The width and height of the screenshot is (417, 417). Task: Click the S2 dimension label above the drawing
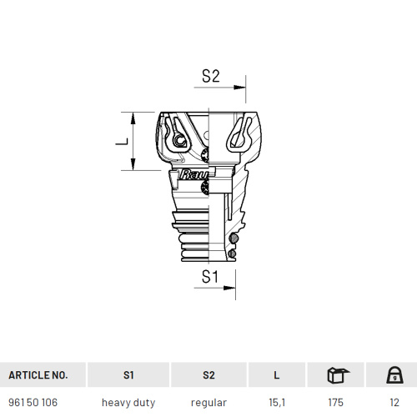coord(211,76)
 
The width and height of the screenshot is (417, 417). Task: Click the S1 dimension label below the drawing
coord(210,277)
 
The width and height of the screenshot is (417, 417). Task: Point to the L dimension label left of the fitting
coord(122,142)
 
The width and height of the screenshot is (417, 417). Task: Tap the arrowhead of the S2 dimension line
coord(239,88)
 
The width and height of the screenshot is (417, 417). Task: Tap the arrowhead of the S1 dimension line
coord(229,288)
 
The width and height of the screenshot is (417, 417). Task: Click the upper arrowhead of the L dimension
coord(133,118)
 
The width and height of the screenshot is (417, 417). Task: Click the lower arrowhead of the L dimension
coord(133,164)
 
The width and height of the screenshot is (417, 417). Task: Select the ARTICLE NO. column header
coord(38,375)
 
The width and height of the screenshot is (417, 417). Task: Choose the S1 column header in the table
coord(128,375)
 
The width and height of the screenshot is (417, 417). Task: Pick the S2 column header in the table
coord(208,375)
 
